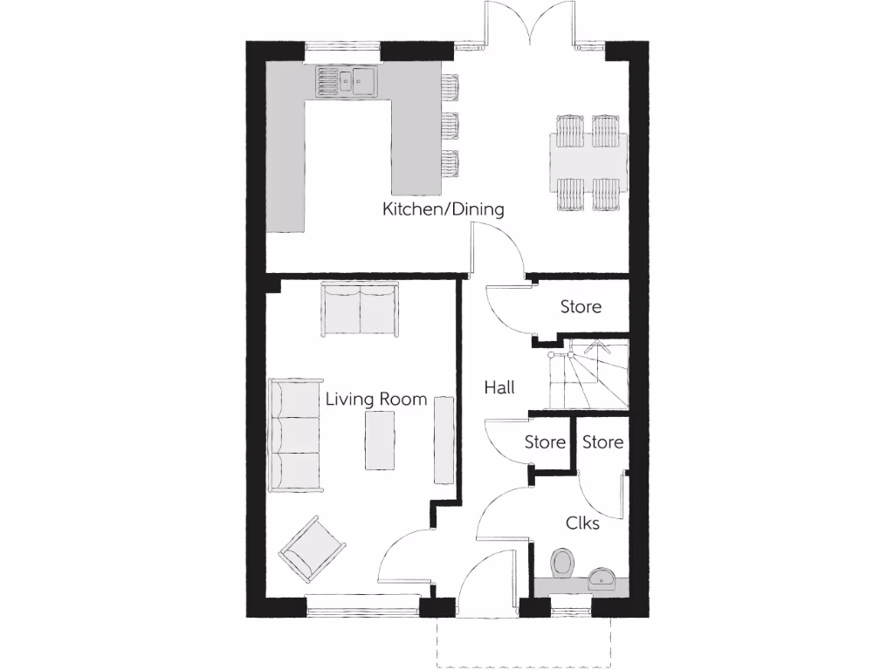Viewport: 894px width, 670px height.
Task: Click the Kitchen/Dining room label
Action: coord(443,209)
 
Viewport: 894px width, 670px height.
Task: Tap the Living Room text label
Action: coord(376,400)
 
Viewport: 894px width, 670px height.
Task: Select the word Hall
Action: coord(499,388)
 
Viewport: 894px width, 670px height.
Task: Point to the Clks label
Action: coord(582,523)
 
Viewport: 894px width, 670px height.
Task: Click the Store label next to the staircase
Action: coord(581,307)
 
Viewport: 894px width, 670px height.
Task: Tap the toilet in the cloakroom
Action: coord(562,563)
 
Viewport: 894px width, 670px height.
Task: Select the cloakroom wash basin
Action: coord(603,577)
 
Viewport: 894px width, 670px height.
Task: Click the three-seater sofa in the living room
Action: coord(293,434)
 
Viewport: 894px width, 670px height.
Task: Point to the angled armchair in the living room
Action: coord(312,549)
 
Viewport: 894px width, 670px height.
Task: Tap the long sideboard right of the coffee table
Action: coord(444,440)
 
